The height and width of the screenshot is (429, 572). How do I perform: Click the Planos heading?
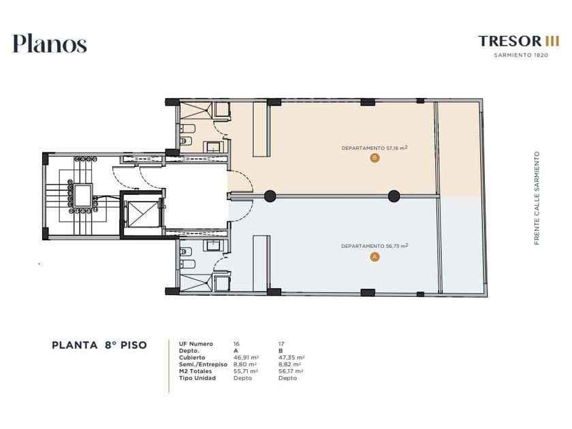coord(50,44)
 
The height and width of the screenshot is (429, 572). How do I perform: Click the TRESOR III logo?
coord(518,41)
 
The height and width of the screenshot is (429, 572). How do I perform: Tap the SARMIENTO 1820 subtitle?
coord(521,55)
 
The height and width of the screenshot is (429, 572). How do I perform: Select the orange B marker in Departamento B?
coord(375,158)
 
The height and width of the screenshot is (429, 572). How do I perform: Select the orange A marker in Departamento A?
coord(375,257)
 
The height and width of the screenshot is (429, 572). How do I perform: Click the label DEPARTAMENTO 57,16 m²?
coord(375,148)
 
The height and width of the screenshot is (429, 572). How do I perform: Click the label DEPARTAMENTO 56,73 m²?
coord(375,246)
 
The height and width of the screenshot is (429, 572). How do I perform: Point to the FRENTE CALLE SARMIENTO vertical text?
coord(537,198)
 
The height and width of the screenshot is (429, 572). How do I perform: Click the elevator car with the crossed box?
coord(140,213)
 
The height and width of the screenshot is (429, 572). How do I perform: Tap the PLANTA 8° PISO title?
coord(99,345)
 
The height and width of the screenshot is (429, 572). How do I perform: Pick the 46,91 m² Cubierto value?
coord(246,357)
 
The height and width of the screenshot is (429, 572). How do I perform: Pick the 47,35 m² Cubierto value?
coord(291,357)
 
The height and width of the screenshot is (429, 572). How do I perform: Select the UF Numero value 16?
coord(236,344)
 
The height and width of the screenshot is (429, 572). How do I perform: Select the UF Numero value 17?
coord(281,344)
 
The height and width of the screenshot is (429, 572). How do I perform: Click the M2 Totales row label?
coord(195,371)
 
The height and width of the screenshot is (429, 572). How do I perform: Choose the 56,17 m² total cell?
coord(291,371)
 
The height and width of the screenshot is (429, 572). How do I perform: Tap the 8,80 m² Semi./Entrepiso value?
coord(244,364)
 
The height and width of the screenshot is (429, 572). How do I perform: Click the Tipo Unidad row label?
coord(197,378)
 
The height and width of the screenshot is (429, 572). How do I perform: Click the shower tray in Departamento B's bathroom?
coord(196,110)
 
